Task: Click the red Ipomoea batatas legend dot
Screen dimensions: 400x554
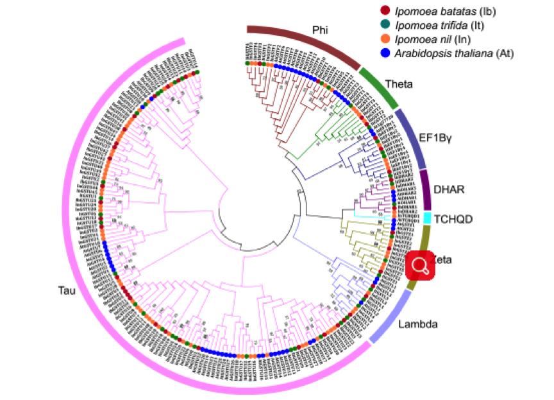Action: [385, 10]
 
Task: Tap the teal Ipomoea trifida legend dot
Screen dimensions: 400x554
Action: [385, 24]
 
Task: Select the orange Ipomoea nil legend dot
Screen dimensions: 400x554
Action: [385, 39]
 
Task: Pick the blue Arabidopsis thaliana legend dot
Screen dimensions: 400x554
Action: [385, 53]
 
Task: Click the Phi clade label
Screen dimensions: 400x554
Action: [319, 30]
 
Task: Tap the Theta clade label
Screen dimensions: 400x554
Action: [399, 84]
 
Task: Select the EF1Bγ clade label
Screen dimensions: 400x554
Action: [437, 137]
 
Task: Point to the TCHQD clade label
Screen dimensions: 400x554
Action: [453, 219]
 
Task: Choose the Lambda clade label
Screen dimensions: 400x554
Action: [417, 324]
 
